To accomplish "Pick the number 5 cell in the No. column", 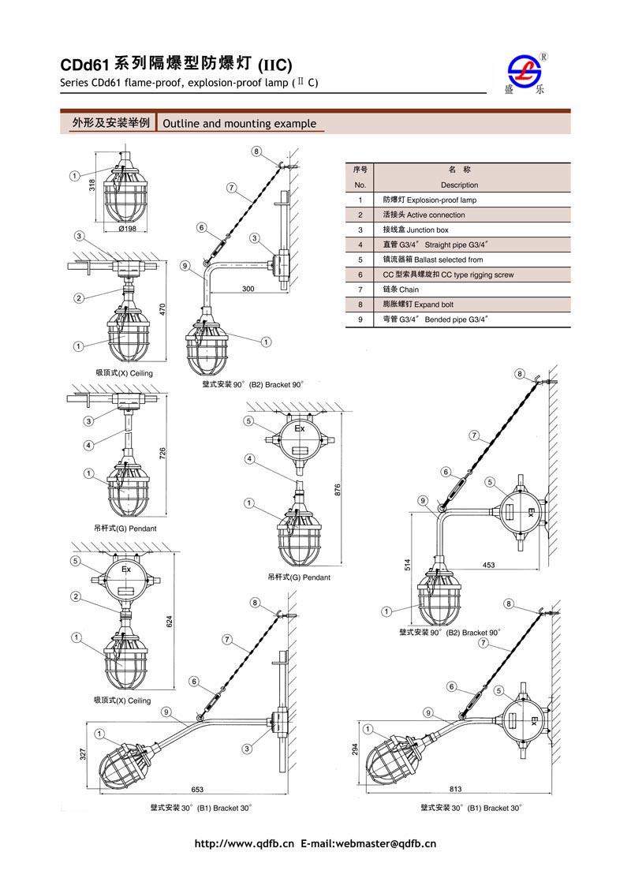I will tap(360, 260).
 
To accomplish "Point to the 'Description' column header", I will tap(459, 185).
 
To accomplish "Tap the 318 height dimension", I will tap(91, 185).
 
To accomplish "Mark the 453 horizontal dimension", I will tap(488, 564).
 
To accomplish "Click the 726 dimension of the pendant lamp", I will tap(162, 454).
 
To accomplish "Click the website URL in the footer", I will tap(244, 844).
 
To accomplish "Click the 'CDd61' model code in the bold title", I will tap(84, 65).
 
